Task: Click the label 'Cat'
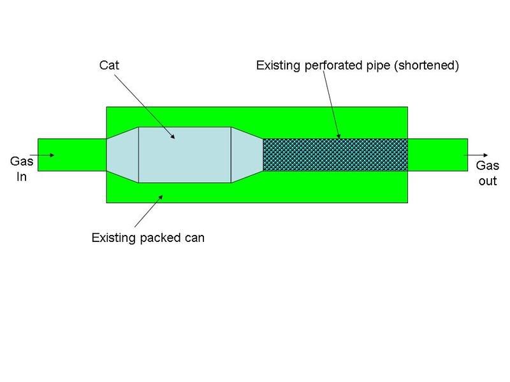(110, 66)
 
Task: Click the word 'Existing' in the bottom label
(113, 239)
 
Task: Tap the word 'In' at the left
(21, 177)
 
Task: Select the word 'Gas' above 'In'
(21, 162)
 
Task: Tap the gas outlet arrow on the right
(478, 155)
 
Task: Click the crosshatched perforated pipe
(335, 155)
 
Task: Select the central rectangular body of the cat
(185, 155)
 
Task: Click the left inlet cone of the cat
(122, 155)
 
